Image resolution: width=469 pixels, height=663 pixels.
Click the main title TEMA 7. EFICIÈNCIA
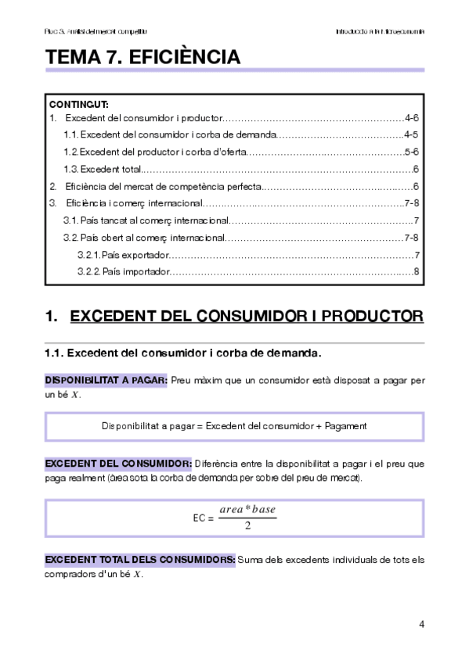pos(143,57)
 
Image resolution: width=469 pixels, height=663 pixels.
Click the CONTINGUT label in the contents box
pos(79,104)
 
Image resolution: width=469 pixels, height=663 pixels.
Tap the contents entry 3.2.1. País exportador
pos(123,255)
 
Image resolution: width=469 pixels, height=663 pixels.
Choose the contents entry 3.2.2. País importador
pos(123,271)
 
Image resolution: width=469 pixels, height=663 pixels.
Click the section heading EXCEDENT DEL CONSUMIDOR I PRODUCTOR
pos(247,317)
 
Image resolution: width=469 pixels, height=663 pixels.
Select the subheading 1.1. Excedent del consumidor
pos(183,353)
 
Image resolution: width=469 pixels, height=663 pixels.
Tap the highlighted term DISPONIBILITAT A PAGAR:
pos(106,381)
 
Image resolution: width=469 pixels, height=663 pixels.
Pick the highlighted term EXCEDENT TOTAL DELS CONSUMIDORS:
pos(140,560)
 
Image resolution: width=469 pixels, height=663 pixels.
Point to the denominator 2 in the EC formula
pos(247,525)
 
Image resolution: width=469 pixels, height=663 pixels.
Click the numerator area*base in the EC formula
pos(247,510)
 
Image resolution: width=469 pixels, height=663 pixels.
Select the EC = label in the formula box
pos(203,518)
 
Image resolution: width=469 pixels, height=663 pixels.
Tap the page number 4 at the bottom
pos(421,625)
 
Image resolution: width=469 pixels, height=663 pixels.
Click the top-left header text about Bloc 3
pos(96,32)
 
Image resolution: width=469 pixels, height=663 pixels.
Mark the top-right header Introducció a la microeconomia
pos(380,32)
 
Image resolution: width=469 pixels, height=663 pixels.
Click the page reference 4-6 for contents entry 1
pos(413,119)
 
